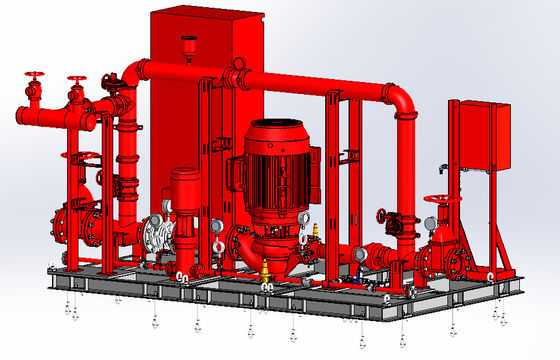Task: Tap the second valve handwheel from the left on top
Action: coord(77,79)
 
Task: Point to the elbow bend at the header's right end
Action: coord(402,101)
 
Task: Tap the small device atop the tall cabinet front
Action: coord(190,43)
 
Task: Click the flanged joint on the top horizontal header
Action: coord(237,75)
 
